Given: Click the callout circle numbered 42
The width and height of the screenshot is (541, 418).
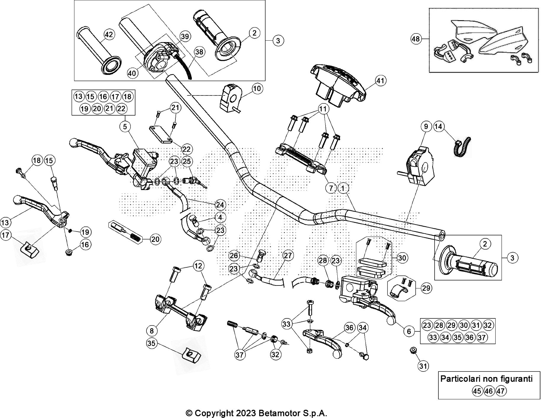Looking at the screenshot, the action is pos(109,35).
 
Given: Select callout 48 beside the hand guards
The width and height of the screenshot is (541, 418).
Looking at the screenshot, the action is pos(416,39).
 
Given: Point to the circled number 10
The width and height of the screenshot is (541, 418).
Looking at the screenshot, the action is pos(257,88).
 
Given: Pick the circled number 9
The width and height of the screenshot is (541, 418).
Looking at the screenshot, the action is pos(426,127).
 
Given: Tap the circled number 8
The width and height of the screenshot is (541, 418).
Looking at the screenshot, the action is pos(152,330).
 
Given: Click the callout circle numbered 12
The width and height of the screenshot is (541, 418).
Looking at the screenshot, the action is pos(199,266).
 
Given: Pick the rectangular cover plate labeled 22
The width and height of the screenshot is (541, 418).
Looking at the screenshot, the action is pos(160,135).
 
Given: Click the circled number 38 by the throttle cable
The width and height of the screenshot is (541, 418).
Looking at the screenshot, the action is pos(200,52).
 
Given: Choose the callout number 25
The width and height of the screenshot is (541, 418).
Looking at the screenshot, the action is pos(187,162).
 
